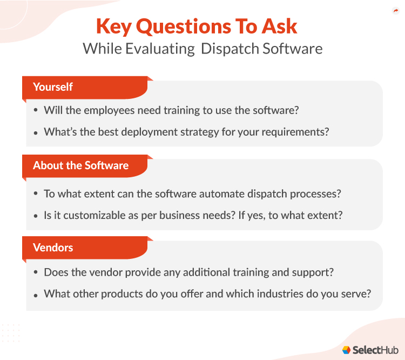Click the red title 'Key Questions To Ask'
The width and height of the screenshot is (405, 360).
coord(197,26)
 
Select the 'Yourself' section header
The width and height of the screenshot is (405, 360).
coord(53,87)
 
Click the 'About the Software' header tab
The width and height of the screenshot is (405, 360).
coord(81,165)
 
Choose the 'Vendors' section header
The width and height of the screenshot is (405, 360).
coord(53,248)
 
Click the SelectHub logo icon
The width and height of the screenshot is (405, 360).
coord(347,350)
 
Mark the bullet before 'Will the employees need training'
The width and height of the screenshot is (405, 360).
coord(36,110)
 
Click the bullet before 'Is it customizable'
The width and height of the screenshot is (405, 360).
coord(36,215)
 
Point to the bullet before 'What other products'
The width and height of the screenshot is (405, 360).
coord(36,295)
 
